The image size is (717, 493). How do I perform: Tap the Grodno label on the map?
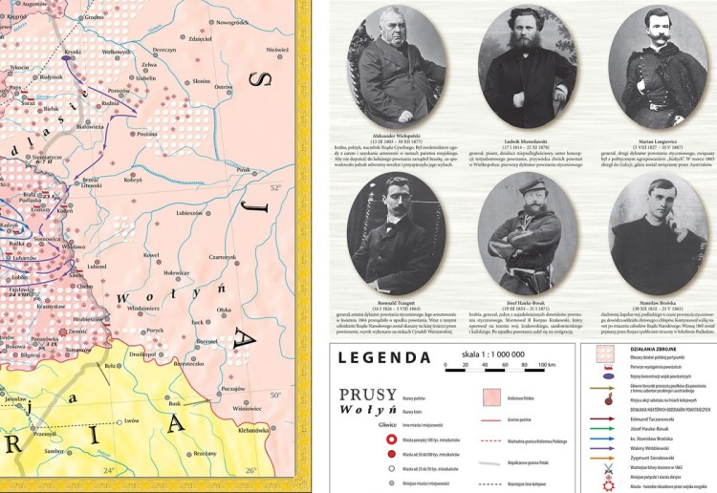point(94,17)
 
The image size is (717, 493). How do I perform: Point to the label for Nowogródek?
point(232,21)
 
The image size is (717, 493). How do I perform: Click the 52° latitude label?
point(277,187)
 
